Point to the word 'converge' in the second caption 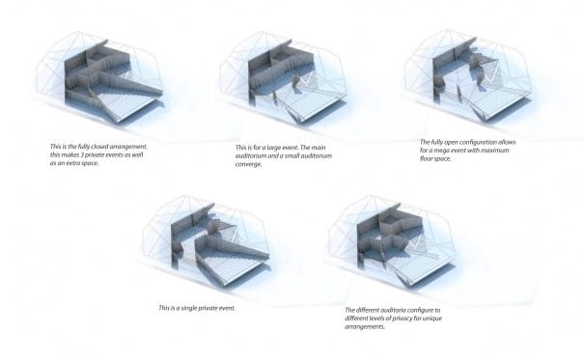pyautogui.click(x=248, y=164)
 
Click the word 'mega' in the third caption pyautogui.click(x=445, y=151)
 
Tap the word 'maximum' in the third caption pyautogui.click(x=497, y=151)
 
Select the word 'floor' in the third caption pyautogui.click(x=427, y=159)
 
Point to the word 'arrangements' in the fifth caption pyautogui.click(x=365, y=326)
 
